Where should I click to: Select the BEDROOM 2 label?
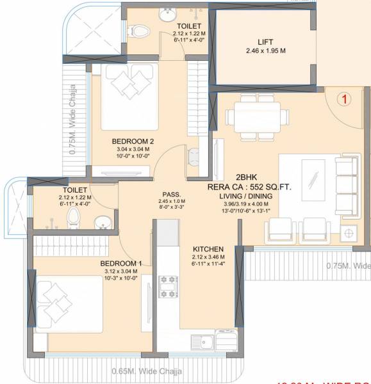coord(133,141)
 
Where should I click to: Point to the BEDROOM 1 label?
coord(121,263)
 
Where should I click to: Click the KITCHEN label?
coord(208,248)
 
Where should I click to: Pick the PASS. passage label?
coord(171,194)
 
